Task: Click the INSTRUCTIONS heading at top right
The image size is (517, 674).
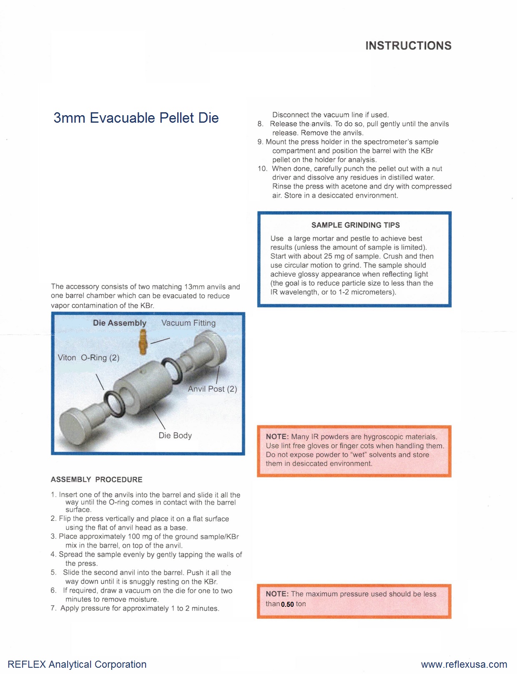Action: coord(408,45)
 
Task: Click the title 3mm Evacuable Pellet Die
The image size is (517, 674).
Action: coord(136,118)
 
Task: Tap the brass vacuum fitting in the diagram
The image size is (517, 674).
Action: coord(143,342)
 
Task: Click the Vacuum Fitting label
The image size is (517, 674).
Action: coord(188,323)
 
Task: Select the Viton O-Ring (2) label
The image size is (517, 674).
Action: coord(88,358)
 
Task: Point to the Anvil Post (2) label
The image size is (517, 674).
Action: coord(212,389)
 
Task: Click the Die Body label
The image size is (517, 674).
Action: coord(175,435)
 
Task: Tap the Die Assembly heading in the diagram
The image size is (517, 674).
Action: coord(120,323)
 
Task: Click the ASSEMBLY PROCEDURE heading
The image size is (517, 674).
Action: coord(96,480)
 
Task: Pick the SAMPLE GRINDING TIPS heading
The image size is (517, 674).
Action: coord(355,225)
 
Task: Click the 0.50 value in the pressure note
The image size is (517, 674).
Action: coord(287,604)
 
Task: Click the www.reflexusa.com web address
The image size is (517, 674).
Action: coord(464,664)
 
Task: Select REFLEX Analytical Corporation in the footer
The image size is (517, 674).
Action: coord(77,664)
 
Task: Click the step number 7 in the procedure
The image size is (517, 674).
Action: coord(53,608)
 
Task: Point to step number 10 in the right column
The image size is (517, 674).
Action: coord(262,169)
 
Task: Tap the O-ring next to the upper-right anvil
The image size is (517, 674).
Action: coord(172,370)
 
